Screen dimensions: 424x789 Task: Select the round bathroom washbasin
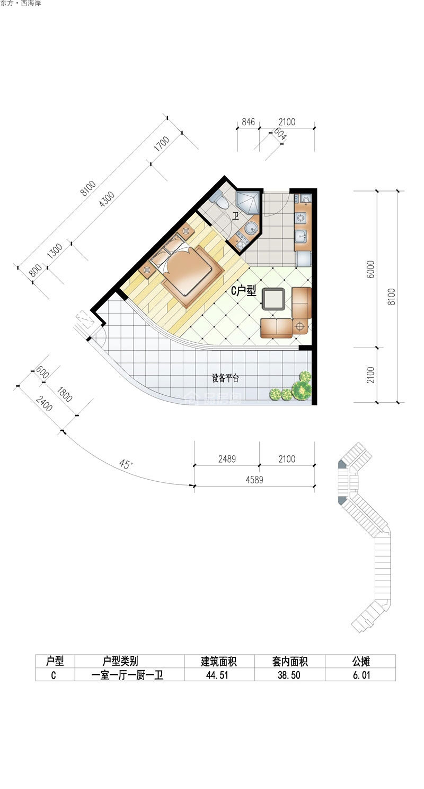click(251, 228)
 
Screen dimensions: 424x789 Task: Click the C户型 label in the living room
click(243, 291)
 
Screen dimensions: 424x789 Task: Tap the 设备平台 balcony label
click(225, 378)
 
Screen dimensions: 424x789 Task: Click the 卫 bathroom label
click(236, 216)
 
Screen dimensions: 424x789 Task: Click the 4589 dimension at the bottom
click(254, 480)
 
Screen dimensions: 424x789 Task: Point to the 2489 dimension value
click(227, 459)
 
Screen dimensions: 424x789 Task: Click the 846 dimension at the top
click(248, 122)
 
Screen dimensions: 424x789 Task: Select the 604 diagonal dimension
click(280, 134)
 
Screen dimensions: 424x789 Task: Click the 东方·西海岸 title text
click(21, 4)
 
